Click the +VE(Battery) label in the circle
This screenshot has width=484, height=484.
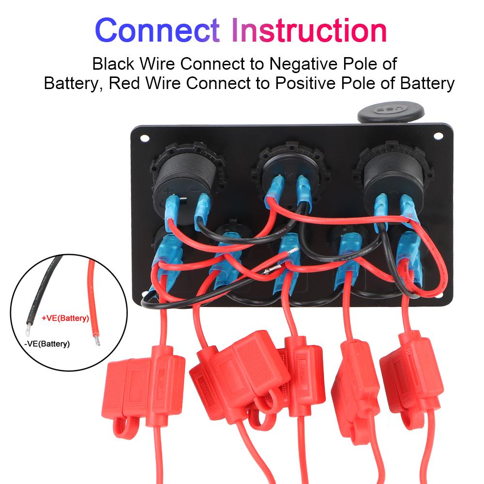pos(66,318)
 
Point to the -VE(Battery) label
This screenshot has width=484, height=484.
pos(46,344)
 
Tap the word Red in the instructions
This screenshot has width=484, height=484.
pos(125,83)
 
